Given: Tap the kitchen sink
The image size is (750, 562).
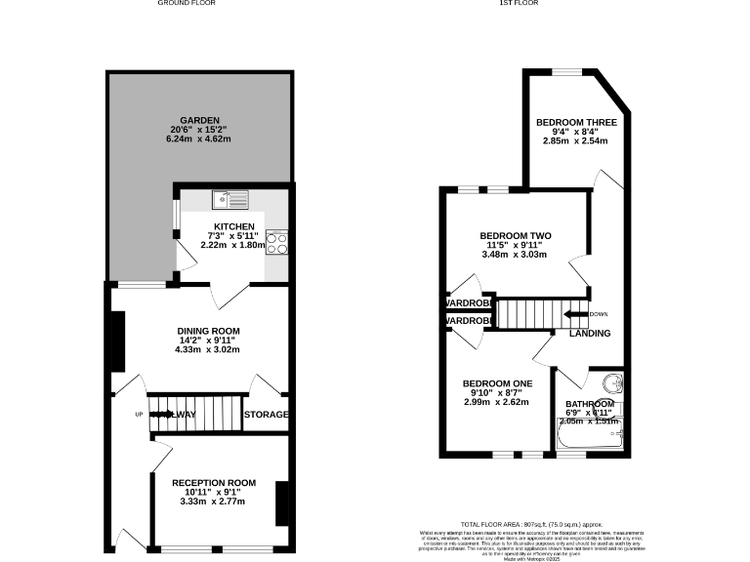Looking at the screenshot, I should (x=231, y=199).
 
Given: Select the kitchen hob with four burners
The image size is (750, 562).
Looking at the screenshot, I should (x=276, y=241).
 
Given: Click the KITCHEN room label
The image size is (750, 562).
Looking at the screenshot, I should (x=233, y=226).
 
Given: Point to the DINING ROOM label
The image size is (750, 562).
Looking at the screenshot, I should (x=207, y=331).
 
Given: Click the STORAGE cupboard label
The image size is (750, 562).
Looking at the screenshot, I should (x=266, y=415).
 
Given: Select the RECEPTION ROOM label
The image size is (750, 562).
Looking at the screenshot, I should (x=214, y=483).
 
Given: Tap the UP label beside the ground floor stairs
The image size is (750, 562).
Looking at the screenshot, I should (x=138, y=415).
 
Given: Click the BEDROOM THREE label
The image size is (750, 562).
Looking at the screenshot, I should (x=575, y=122).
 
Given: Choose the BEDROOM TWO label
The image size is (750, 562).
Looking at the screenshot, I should (x=515, y=236).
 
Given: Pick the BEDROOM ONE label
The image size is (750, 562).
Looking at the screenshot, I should (x=497, y=383).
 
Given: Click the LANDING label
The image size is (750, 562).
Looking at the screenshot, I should (x=590, y=334).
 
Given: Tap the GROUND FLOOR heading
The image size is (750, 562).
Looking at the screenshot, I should (x=187, y=4).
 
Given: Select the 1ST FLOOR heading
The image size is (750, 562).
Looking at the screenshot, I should (x=520, y=4).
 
